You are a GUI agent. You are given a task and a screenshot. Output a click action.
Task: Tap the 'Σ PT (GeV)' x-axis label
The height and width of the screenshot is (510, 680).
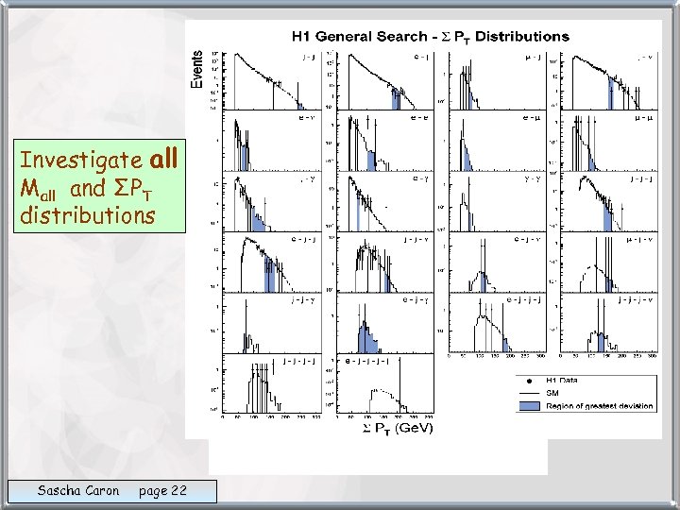tap(396, 428)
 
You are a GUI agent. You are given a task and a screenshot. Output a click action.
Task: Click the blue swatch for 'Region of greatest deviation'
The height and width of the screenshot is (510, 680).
tap(533, 406)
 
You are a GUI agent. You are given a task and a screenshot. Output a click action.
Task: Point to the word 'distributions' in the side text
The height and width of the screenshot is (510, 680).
tap(87, 216)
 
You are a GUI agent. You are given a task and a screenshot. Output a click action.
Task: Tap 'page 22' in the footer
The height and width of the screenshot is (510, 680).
tap(162, 490)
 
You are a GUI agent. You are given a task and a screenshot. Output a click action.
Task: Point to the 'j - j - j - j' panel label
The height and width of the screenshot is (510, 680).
tap(294, 361)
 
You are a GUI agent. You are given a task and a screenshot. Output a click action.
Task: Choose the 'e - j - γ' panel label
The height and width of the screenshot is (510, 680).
tap(418, 299)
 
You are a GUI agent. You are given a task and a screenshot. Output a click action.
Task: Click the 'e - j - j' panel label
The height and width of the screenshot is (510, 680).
tap(304, 239)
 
